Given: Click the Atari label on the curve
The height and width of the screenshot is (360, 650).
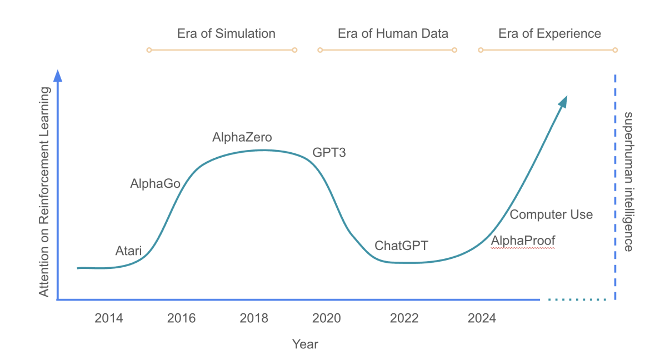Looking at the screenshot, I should (x=128, y=251).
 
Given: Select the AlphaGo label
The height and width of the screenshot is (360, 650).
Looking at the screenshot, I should (x=155, y=183).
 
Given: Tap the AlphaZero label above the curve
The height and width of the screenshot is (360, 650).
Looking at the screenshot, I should (x=242, y=137).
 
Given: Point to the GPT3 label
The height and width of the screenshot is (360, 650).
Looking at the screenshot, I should (x=329, y=152).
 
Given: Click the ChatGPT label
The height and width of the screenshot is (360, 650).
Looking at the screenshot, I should (x=401, y=246).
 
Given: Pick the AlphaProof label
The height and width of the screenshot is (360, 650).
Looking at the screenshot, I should (x=523, y=241).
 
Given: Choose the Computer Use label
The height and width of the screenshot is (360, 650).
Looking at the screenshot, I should (x=551, y=214).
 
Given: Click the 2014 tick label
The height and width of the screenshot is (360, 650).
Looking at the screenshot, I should (x=109, y=318).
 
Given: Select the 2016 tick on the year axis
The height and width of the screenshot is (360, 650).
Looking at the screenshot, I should (x=182, y=318).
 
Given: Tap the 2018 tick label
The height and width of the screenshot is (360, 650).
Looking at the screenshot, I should (x=254, y=318).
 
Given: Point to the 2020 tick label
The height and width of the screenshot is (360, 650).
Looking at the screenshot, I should (x=327, y=318).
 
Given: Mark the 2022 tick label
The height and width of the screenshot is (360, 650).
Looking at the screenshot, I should (x=404, y=318).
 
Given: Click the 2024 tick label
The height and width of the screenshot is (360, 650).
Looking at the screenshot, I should (x=482, y=318).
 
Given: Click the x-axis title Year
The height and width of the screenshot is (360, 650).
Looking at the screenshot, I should (x=305, y=344).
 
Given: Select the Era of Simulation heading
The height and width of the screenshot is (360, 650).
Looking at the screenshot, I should (x=226, y=33).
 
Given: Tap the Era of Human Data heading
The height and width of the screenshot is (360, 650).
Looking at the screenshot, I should (x=393, y=33).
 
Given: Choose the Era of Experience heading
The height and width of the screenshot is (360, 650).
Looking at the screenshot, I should (x=549, y=33).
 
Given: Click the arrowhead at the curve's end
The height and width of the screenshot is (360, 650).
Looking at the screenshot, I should (x=563, y=101).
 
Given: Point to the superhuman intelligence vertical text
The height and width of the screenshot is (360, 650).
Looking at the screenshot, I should (x=628, y=182).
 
